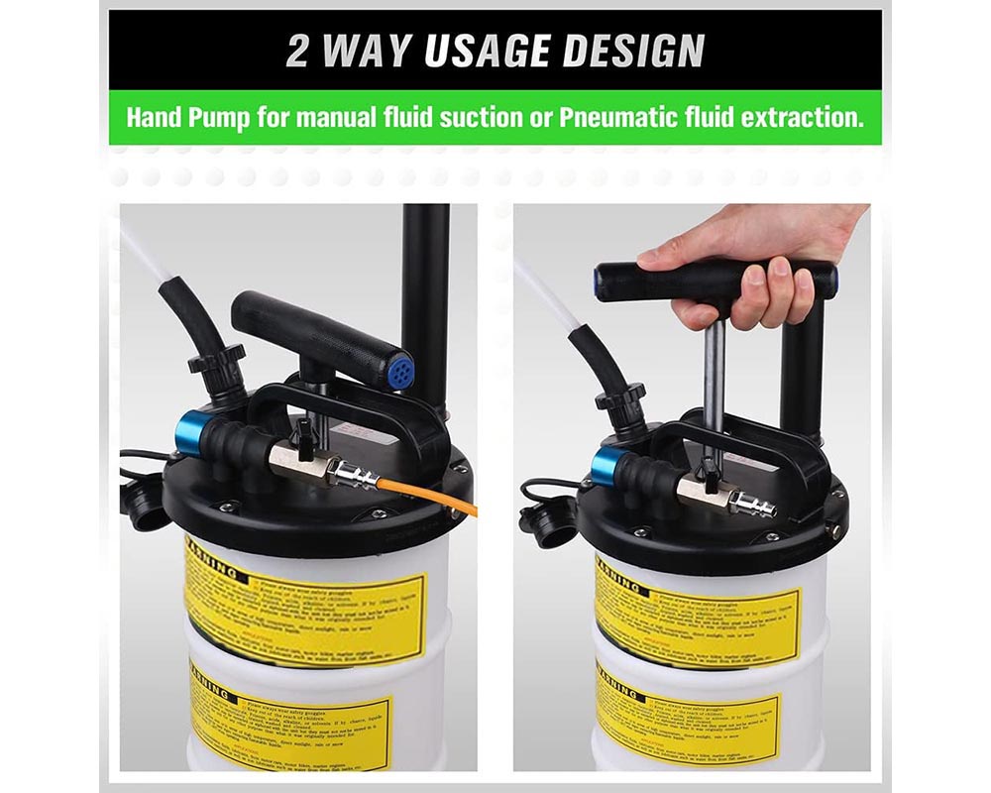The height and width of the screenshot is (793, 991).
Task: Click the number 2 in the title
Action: (297, 52)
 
